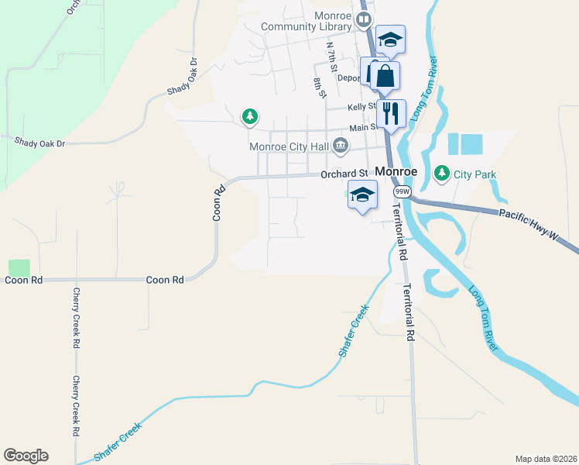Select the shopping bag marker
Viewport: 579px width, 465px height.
point(385,77)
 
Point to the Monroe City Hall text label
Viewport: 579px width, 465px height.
point(289,146)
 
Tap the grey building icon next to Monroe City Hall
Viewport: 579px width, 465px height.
point(341,146)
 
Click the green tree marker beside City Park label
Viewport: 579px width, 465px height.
point(442,173)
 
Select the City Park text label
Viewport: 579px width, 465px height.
point(475,174)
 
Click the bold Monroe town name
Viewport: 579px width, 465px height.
point(396,171)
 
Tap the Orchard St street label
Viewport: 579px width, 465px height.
point(344,174)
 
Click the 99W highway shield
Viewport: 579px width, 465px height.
point(401,191)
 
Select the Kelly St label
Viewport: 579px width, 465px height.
point(361,107)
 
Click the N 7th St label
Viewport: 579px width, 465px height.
point(332,58)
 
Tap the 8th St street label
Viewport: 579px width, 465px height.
point(319,88)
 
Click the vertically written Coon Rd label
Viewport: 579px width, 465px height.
point(219,202)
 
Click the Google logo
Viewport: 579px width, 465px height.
point(26,456)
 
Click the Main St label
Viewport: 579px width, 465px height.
point(362,127)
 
